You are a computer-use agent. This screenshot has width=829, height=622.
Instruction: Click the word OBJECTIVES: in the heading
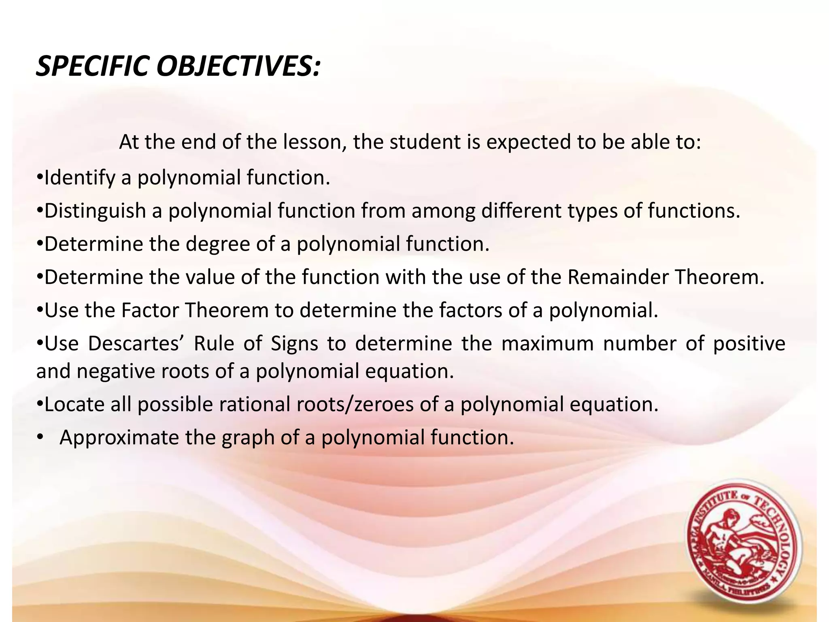click(x=239, y=66)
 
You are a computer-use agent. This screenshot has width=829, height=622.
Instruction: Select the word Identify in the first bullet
click(x=80, y=178)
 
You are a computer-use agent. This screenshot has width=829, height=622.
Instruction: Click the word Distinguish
click(x=95, y=211)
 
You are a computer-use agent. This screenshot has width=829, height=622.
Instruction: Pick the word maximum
click(x=547, y=344)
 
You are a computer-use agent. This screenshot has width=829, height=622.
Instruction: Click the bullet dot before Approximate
click(x=39, y=438)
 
